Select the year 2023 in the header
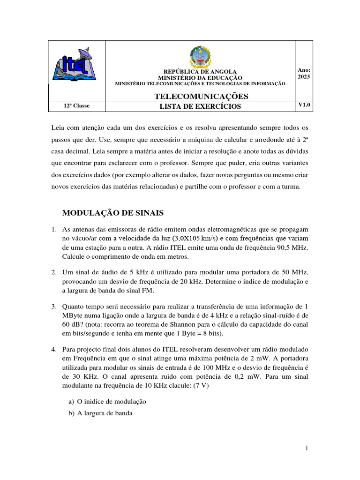point(304,77)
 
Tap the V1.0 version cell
point(304,106)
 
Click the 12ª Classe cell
point(76,106)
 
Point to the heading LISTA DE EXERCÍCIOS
point(200,106)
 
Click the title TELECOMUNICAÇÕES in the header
point(201,96)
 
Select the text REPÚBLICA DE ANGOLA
point(200,72)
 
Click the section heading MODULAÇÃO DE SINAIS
point(113,213)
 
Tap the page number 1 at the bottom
point(306,449)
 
